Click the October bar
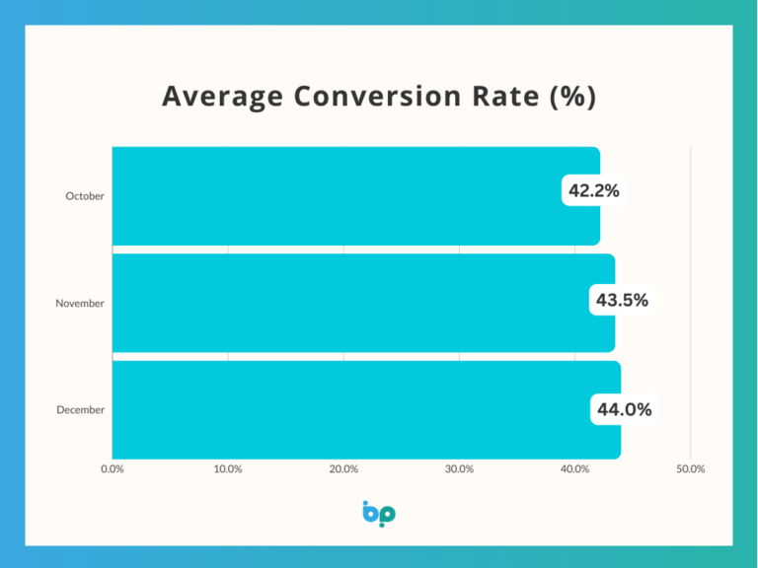click(x=336, y=196)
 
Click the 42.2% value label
click(x=593, y=190)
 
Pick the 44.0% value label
click(x=624, y=409)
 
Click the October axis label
click(x=85, y=196)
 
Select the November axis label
click(x=80, y=304)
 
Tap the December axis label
click(x=80, y=409)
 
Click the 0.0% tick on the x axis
click(x=113, y=469)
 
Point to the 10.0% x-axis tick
click(x=228, y=469)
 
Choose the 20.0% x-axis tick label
click(x=343, y=469)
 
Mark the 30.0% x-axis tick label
click(x=459, y=469)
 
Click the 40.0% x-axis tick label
click(x=574, y=469)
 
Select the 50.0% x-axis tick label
click(x=690, y=469)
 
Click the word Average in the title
click(x=221, y=98)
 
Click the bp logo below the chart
click(x=379, y=514)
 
